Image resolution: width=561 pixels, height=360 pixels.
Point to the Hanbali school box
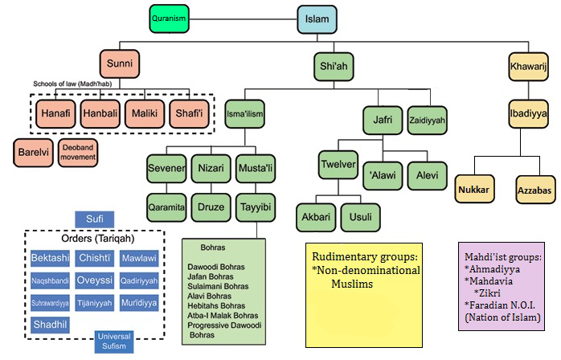point(101,114)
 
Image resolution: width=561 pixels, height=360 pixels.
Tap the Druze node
point(211,205)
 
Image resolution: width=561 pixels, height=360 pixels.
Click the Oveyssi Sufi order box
point(95,280)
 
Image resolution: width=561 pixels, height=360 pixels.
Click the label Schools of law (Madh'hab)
point(75,84)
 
